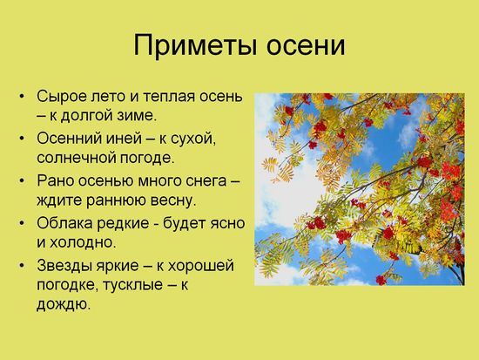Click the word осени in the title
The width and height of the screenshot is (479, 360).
pos(306,46)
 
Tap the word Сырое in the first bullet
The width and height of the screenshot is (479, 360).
pos(62,97)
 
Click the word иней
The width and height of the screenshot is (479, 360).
pos(124,139)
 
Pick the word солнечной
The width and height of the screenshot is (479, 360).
pos(76,158)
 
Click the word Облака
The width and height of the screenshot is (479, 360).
pos(64,223)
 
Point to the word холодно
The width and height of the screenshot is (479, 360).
pos(83,242)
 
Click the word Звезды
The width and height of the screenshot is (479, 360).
pos(64,265)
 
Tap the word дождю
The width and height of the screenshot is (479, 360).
pos(64,304)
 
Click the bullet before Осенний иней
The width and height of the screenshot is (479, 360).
pos(22,139)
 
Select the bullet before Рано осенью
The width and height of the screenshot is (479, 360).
pos(22,180)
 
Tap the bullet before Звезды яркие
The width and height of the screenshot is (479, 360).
pos(22,265)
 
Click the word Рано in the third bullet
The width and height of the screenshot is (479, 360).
pos(55,180)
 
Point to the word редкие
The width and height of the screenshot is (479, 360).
pos(123,223)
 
